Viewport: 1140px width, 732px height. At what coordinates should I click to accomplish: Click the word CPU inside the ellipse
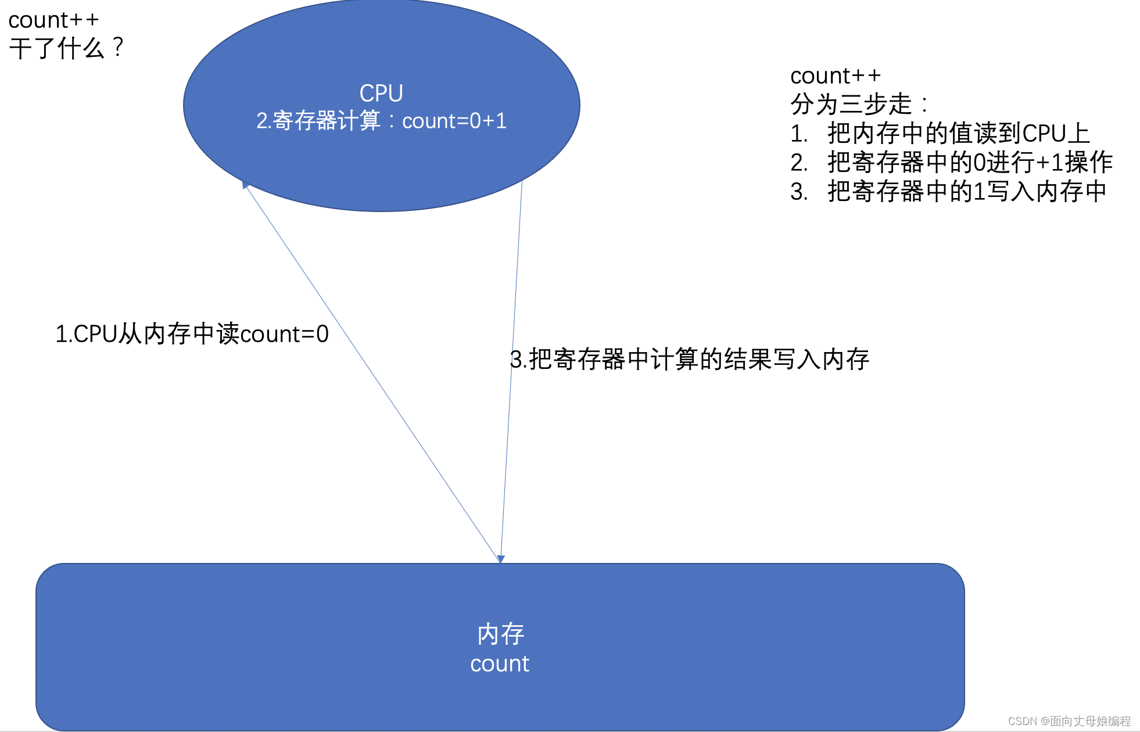[381, 93]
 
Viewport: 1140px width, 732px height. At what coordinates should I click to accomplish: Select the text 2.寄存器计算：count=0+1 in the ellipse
[381, 121]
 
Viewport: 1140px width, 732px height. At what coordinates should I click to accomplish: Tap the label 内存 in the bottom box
[500, 634]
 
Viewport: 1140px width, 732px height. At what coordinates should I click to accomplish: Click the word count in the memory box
[500, 663]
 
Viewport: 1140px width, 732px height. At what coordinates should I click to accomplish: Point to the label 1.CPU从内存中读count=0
[192, 334]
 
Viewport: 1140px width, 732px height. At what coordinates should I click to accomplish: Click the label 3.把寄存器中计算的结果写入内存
[689, 359]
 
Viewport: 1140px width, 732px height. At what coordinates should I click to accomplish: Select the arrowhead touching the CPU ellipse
[245, 185]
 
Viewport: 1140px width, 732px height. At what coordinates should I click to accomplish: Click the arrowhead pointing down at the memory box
[501, 559]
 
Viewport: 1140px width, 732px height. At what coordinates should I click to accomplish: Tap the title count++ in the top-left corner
[53, 20]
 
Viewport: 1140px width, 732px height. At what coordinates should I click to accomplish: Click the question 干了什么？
[66, 48]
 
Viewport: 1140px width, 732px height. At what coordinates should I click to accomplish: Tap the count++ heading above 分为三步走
[835, 76]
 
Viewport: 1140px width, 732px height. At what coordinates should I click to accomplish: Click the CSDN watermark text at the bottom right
[1069, 721]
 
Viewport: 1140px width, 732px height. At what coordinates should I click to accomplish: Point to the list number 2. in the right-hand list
[798, 163]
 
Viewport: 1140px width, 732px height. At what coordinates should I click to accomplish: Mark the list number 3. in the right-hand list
[798, 192]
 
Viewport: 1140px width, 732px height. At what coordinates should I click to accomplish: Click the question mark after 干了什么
[118, 48]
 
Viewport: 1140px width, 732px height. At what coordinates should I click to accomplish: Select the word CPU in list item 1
[1044, 134]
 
